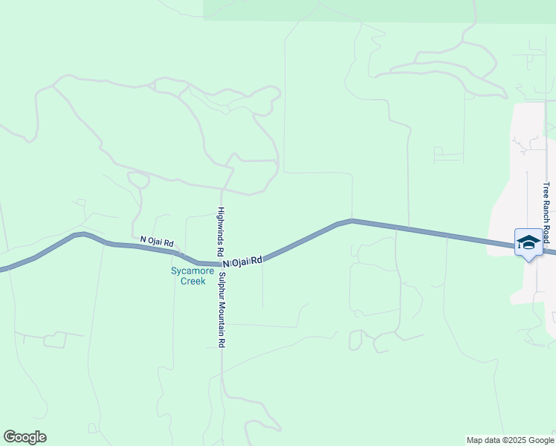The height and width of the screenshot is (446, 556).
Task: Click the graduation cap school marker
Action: coord(528,242)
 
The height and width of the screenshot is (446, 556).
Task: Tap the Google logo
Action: coord(25,437)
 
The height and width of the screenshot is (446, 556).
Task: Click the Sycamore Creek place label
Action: coord(187,276)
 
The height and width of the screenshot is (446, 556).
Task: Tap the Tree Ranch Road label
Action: coord(546,213)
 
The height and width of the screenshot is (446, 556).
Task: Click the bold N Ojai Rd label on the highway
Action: coord(242,262)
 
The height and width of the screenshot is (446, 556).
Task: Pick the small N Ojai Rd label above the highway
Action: coord(157,242)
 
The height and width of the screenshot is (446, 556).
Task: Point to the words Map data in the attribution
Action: coord(482,440)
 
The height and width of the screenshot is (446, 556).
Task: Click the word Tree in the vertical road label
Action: coord(546,190)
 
